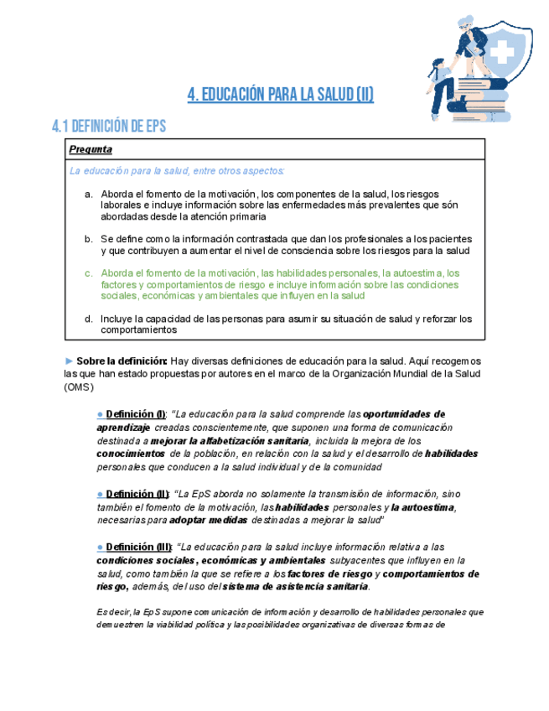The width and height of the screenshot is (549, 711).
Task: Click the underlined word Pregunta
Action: (x=91, y=149)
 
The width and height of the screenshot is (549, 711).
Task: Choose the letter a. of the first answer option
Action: (x=89, y=194)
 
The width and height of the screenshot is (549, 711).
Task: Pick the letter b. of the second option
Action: (x=89, y=239)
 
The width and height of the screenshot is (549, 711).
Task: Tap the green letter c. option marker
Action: (x=89, y=272)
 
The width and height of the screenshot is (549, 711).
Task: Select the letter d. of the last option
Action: (x=89, y=319)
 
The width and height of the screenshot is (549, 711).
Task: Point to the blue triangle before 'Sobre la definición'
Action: (x=70, y=360)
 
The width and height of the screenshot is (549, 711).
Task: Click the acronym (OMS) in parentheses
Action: (x=80, y=387)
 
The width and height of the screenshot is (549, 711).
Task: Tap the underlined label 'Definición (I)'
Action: (x=136, y=414)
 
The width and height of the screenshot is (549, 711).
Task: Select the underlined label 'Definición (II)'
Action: (x=137, y=494)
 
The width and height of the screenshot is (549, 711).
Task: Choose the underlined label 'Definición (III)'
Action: (x=139, y=547)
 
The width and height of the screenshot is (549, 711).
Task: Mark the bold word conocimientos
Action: (x=130, y=454)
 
